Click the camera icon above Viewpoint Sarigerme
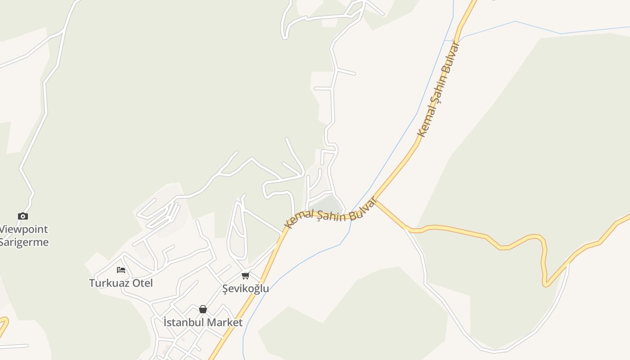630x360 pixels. tap(23, 216)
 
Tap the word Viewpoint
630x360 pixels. tap(23, 229)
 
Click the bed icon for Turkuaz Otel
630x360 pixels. tap(121, 270)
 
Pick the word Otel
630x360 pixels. tap(142, 283)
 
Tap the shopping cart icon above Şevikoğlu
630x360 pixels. tap(245, 275)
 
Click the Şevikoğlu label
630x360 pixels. tap(246, 288)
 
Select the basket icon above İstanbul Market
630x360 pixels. tap(203, 309)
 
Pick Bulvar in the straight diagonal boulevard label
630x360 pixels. tap(452, 56)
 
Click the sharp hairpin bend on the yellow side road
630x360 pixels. tap(545, 283)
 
